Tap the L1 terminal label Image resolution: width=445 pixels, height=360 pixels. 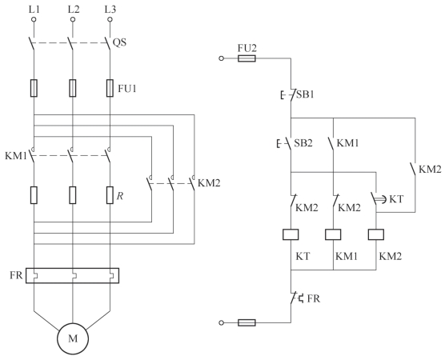34,10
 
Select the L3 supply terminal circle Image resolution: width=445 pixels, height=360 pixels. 110,19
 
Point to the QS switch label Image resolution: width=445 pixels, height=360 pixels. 119,42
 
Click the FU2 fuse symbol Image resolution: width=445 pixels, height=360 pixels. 247,58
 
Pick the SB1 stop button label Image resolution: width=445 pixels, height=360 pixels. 306,94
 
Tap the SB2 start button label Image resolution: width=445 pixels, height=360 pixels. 303,143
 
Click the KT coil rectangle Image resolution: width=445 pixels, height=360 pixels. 291,234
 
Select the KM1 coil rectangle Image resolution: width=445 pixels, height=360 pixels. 333,234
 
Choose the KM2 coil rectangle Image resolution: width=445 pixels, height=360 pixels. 376,234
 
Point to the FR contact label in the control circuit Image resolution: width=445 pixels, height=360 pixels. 314,298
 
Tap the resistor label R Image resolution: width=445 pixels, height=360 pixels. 120,196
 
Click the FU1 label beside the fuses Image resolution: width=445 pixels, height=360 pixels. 127,89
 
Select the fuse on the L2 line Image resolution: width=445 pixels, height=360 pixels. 73,88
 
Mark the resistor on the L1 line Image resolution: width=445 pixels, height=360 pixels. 34,195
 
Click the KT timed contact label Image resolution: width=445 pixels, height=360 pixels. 396,199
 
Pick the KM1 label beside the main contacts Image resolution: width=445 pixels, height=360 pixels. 16,156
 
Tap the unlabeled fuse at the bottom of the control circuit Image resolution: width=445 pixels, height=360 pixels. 247,322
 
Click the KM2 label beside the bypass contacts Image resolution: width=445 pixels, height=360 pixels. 209,183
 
